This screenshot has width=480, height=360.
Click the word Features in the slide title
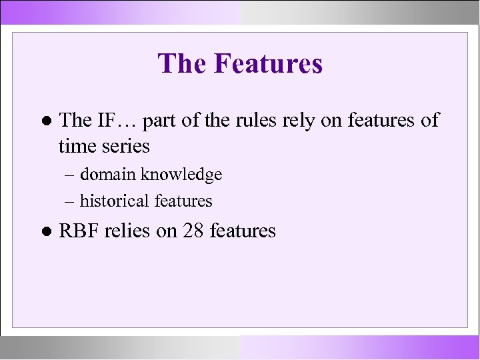[268, 64]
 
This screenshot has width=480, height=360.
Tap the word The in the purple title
[183, 64]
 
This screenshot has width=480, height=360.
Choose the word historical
[114, 200]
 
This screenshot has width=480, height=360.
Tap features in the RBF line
[242, 231]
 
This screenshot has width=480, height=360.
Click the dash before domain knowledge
[70, 175]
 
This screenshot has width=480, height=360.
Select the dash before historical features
[70, 201]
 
